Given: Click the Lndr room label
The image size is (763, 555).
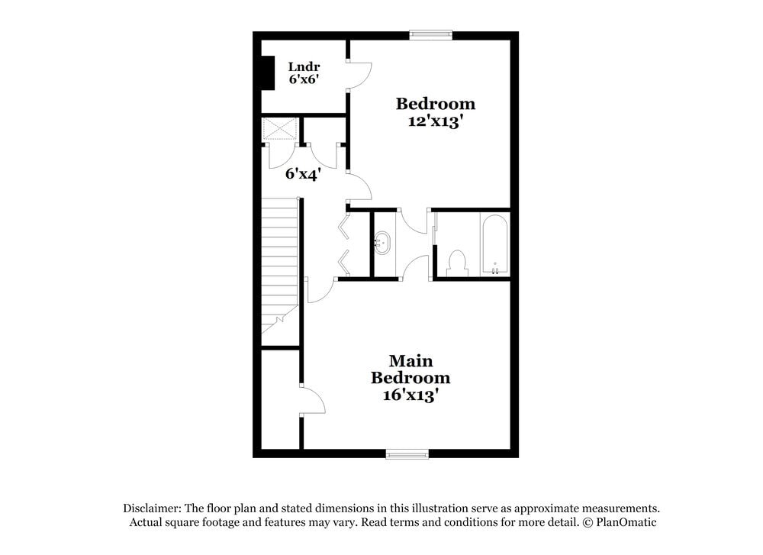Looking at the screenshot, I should (x=304, y=66).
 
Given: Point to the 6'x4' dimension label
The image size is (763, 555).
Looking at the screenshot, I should (x=303, y=173).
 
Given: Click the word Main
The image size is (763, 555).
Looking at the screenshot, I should (x=410, y=360).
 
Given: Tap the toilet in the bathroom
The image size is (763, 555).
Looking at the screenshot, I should (x=457, y=262).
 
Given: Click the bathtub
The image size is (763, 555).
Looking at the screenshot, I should (x=494, y=244).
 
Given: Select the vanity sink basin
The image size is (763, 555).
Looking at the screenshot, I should (x=382, y=244).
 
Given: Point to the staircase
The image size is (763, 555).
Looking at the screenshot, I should (x=279, y=260).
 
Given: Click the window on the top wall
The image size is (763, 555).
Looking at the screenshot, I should (x=430, y=34).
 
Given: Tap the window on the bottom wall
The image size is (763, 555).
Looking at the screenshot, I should (x=407, y=454).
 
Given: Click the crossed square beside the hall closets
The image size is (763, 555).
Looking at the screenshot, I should (x=279, y=128).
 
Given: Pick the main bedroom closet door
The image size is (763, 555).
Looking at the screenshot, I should (x=314, y=401).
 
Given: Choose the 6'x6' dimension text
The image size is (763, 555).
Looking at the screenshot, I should (x=304, y=79).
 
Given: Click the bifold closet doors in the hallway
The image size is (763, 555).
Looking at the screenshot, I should (x=343, y=244).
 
